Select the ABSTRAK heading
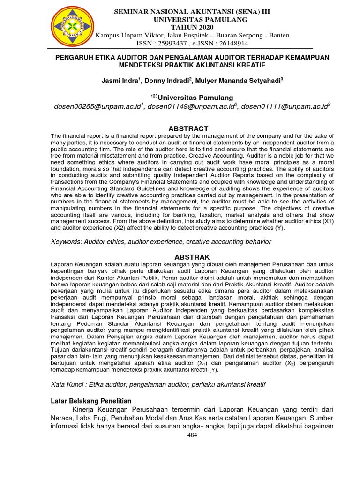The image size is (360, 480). [x=192, y=257]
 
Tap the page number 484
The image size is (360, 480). [x=192, y=435]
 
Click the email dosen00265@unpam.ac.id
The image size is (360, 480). [x=98, y=107]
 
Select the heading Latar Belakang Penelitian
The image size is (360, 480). [x=91, y=401]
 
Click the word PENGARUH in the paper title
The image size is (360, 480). [x=75, y=57]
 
